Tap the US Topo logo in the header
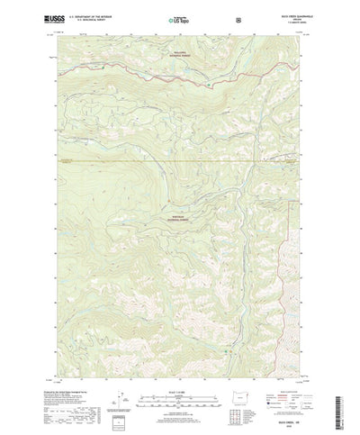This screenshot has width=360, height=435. tap(179, 18)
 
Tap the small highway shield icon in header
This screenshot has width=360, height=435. tap(238, 18)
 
